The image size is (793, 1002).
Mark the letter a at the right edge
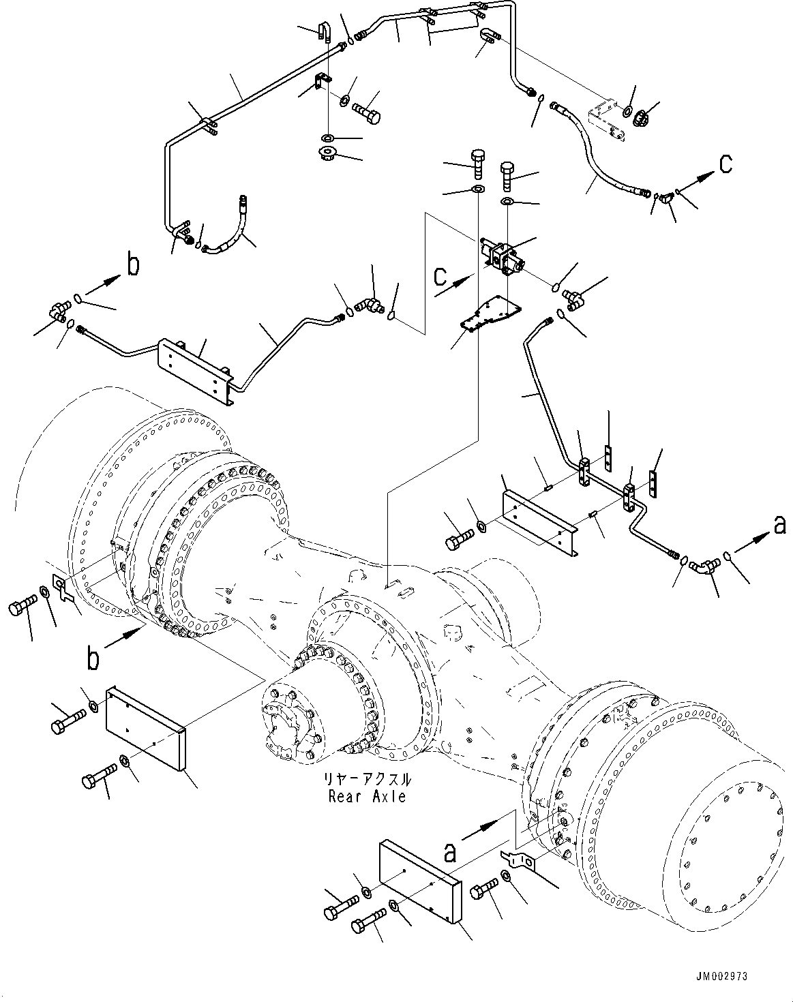tap(779, 524)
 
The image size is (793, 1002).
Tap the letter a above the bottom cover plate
tap(449, 851)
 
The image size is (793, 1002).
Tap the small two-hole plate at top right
tap(606, 122)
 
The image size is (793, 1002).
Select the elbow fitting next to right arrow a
tap(705, 565)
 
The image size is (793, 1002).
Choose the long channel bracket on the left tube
tap(195, 364)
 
